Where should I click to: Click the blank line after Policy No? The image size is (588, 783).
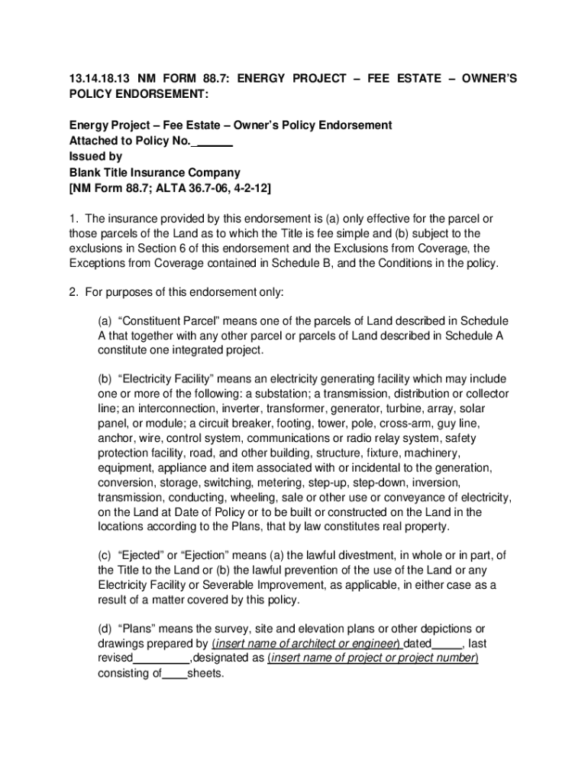pos(215,141)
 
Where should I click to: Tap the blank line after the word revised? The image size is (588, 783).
pos(161,658)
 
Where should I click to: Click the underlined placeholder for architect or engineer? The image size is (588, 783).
pos(306,644)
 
